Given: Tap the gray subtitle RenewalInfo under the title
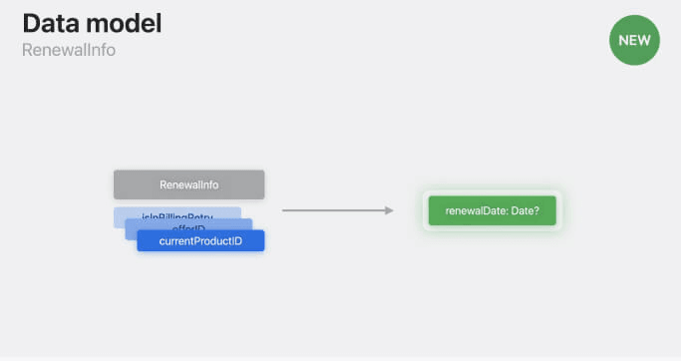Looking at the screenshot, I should pos(69,50).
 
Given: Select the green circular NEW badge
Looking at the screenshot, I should pos(634,41).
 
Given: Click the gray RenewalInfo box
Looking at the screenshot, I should pos(188,184).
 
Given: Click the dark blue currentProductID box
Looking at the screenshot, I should pos(200,241).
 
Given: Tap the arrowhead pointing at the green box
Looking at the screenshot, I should pos(390,210).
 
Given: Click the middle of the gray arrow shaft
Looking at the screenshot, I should pos(336,210).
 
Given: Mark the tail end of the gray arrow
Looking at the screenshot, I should pos(284,210).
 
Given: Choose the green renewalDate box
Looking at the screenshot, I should pos(492,210).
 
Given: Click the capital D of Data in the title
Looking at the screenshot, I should pos(31,24).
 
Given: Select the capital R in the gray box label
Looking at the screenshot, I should pos(164,185).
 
